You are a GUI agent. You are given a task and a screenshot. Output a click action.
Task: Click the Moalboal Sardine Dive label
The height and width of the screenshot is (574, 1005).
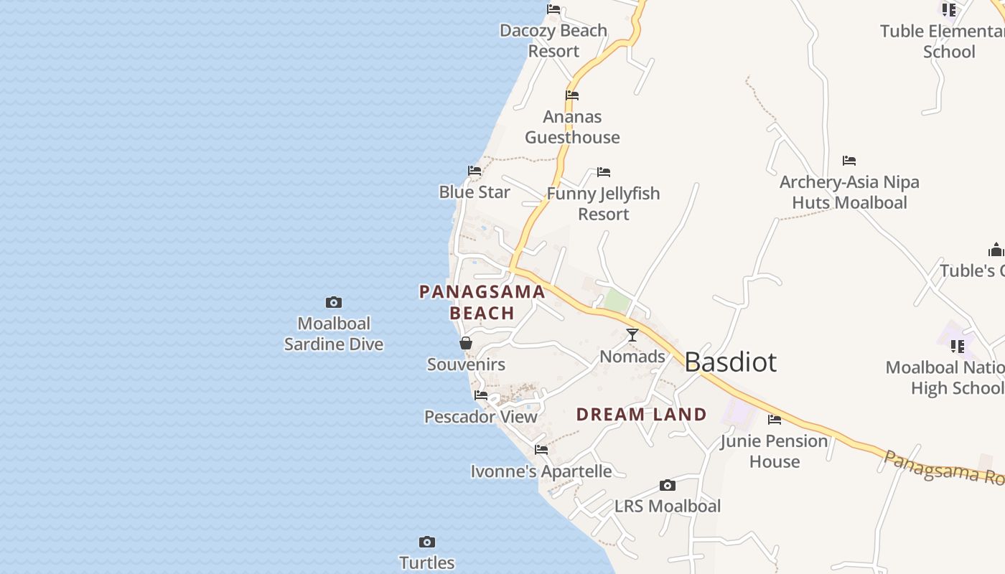tap(334, 334)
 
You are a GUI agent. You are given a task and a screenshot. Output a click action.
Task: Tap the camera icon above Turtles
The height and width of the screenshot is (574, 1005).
tap(427, 542)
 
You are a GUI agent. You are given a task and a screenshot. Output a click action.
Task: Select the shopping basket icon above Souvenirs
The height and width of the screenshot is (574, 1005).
tap(466, 343)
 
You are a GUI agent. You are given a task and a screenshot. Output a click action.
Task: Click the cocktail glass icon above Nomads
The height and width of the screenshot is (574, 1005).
tap(632, 335)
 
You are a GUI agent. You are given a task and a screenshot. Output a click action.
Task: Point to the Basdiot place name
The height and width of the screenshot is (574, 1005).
tap(730, 362)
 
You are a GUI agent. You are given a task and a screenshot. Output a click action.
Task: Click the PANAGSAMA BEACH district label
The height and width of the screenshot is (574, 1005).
tap(482, 302)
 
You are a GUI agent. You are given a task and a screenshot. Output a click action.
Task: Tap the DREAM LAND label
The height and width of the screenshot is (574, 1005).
tap(642, 414)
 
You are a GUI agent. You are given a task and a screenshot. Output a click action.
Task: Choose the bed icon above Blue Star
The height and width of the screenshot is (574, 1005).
tap(475, 171)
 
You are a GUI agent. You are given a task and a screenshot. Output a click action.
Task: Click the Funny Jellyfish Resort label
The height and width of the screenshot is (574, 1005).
tap(603, 203)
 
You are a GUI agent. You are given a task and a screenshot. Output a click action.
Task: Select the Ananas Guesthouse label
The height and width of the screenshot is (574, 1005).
tap(572, 126)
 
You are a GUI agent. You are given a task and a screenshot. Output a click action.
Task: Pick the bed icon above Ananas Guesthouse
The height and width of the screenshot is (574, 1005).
tap(572, 95)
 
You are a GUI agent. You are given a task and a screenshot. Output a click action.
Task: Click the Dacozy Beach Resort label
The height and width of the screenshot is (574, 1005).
tap(553, 40)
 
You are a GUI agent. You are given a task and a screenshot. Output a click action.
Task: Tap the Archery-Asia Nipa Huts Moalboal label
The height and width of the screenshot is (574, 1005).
tap(849, 192)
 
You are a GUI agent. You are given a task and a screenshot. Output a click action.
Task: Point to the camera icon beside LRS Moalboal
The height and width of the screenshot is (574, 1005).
tap(668, 486)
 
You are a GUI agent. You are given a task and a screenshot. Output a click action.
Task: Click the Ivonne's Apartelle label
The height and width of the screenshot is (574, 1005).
tap(541, 471)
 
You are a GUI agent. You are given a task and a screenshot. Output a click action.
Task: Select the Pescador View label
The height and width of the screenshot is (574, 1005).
tap(481, 417)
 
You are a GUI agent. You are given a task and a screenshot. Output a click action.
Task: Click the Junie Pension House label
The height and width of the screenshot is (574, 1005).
tap(775, 451)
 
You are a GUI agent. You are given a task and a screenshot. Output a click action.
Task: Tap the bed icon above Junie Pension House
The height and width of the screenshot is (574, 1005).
tap(775, 420)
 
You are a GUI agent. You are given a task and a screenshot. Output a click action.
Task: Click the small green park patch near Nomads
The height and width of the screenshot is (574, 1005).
tap(617, 301)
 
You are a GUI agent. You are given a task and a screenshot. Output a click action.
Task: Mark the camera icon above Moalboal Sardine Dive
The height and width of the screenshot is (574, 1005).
tap(334, 302)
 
